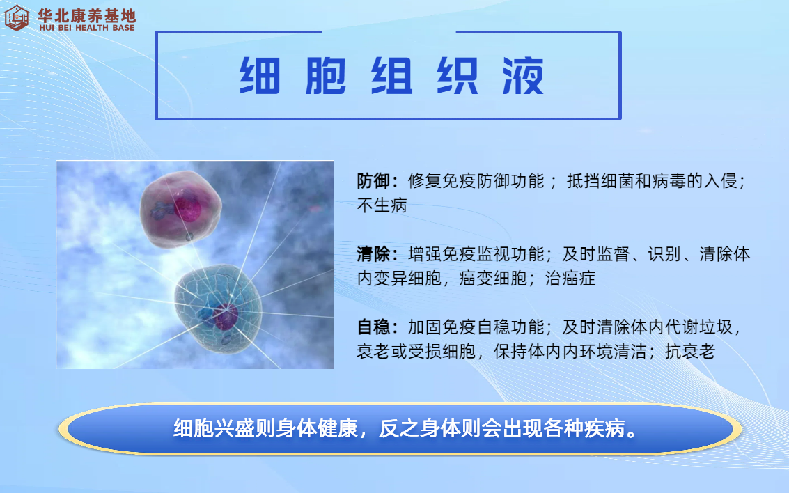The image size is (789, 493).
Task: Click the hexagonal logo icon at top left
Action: click(x=16, y=17)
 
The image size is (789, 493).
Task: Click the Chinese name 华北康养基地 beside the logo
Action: click(x=86, y=15)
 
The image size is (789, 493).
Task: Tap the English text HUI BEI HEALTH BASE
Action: click(x=87, y=28)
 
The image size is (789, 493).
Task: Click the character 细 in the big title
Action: click(x=260, y=76)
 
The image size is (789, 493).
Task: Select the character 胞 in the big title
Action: click(x=326, y=76)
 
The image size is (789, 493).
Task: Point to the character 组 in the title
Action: click(x=391, y=76)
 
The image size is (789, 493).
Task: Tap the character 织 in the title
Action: click(x=457, y=76)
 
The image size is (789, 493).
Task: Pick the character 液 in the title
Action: click(x=523, y=76)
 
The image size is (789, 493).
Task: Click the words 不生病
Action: click(x=382, y=205)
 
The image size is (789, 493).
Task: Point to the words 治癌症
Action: click(x=570, y=279)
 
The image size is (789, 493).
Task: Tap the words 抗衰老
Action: click(x=690, y=351)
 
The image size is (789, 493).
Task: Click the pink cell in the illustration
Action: click(x=180, y=209)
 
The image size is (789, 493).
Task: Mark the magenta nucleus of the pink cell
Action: click(x=187, y=208)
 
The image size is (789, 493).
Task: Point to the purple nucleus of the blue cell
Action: click(x=225, y=317)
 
